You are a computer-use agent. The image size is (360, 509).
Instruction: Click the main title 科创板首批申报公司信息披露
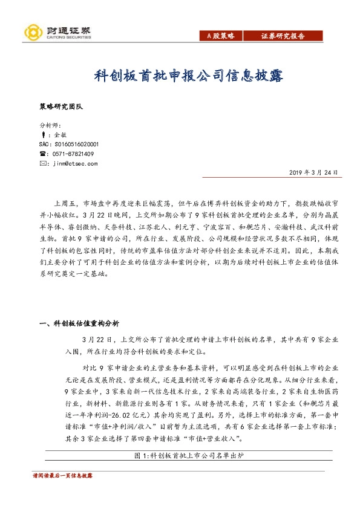coord(179,76)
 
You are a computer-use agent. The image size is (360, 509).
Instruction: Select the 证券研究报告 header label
coord(284,37)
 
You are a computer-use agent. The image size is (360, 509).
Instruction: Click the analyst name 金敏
coord(61,135)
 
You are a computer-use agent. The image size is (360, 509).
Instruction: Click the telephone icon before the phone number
coord(42,154)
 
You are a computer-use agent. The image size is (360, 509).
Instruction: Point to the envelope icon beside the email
coord(42,163)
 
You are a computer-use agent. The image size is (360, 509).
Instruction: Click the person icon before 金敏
coord(42,135)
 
